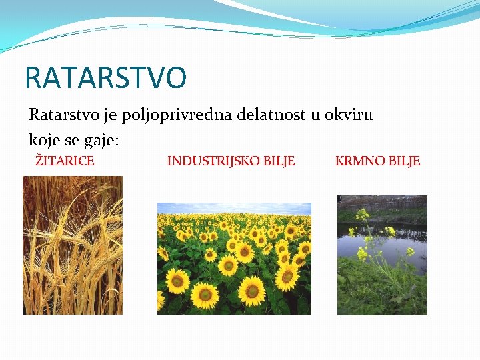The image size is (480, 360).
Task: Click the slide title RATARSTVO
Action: (x=105, y=77)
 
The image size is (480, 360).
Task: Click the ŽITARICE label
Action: (x=65, y=161)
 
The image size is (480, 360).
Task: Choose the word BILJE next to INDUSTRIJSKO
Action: (x=278, y=161)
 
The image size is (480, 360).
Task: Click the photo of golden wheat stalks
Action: (x=73, y=245)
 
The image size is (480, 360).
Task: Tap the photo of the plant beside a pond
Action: (x=382, y=255)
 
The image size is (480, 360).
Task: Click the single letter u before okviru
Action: (x=316, y=115)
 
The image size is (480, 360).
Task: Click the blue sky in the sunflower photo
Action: (x=234, y=208)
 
